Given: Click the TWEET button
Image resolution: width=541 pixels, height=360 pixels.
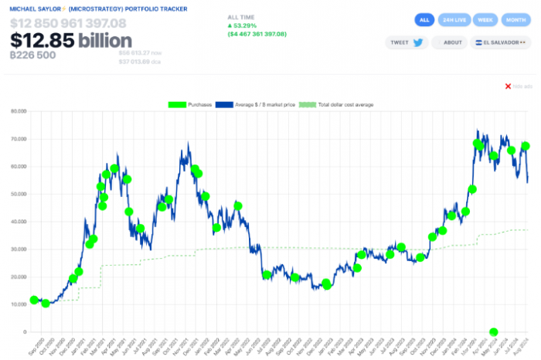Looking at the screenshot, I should (x=408, y=43).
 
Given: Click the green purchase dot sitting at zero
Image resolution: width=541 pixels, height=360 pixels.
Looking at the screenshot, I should (x=494, y=331).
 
